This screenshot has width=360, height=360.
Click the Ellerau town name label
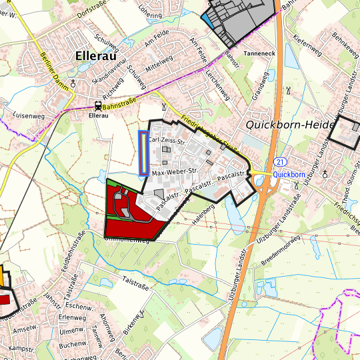[x=97, y=56]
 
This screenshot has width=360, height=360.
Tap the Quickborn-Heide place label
[x=284, y=124]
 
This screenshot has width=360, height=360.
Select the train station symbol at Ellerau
[x=98, y=105]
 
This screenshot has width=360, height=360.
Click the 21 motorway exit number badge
[x=281, y=162]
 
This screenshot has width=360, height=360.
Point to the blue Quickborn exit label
[x=288, y=174]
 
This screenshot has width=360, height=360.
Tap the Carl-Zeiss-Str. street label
[x=167, y=141]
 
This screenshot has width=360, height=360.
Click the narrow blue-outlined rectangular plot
[x=143, y=153]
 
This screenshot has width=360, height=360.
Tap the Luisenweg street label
[x=28, y=115]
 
